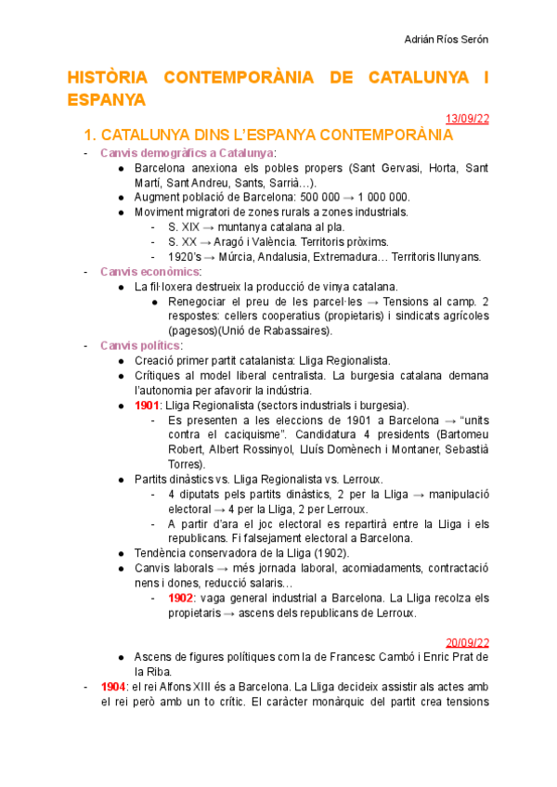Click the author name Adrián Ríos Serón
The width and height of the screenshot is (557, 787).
(x=448, y=39)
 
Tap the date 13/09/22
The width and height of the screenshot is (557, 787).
(x=467, y=118)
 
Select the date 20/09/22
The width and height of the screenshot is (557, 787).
(x=467, y=641)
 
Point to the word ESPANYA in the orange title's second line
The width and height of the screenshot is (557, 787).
(x=106, y=98)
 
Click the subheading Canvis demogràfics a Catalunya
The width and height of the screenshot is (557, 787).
(x=187, y=152)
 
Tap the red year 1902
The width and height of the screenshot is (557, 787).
(x=181, y=598)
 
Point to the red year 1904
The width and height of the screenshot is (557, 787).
(x=113, y=686)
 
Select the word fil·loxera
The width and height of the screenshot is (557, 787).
(x=174, y=286)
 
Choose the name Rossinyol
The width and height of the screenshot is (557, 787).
(x=291, y=449)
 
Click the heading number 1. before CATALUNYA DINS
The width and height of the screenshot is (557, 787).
(x=90, y=135)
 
